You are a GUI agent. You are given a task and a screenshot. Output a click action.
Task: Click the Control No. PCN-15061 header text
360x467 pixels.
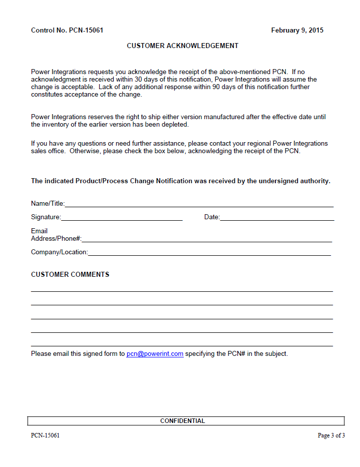(67, 31)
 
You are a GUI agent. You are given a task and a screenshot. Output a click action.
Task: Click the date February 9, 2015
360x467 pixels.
(297, 31)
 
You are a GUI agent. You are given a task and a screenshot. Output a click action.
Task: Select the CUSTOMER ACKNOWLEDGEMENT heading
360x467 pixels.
(182, 46)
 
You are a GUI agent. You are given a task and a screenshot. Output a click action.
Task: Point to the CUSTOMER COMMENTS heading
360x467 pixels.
(70, 275)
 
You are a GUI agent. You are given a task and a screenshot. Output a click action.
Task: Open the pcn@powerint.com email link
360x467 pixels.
(155, 354)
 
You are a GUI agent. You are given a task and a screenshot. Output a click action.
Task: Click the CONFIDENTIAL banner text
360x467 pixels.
(182, 421)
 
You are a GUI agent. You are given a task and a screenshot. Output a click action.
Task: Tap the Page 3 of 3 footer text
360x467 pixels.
(331, 435)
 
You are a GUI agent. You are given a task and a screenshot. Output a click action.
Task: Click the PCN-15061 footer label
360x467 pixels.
(45, 435)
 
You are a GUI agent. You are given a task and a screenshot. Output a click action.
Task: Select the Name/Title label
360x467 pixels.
(48, 204)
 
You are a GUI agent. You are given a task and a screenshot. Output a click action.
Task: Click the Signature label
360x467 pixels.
(46, 217)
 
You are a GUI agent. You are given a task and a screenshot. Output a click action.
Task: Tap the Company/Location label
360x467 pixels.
(59, 252)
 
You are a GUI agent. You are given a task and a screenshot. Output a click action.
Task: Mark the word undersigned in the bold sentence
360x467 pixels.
(278, 181)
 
